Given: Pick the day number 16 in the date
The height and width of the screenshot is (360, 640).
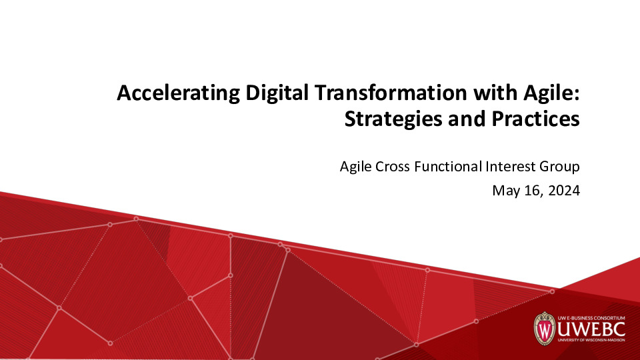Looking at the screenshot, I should click(x=535, y=191).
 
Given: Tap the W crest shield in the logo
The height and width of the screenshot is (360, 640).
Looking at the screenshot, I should click(x=545, y=328).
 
